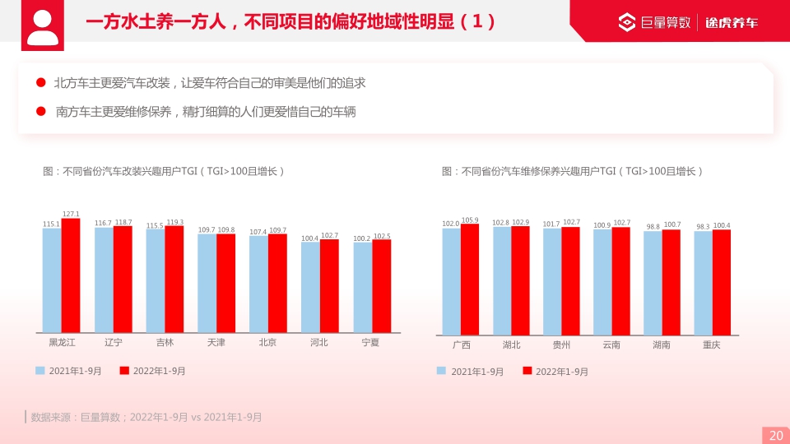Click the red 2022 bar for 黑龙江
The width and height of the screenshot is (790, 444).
(71, 275)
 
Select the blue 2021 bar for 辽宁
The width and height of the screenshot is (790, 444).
(104, 280)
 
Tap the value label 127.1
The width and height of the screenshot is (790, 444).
(71, 214)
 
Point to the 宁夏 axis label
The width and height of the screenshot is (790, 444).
(371, 342)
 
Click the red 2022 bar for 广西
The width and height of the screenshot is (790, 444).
(470, 280)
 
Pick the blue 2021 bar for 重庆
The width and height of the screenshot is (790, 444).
(703, 283)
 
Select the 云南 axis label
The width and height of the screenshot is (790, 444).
(611, 345)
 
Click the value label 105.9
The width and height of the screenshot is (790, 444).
(470, 220)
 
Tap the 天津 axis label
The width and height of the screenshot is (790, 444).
(216, 342)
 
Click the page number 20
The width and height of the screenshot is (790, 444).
(775, 436)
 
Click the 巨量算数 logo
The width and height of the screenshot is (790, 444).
(656, 22)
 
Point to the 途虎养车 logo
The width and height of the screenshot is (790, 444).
(732, 22)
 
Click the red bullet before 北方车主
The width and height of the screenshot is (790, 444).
(40, 83)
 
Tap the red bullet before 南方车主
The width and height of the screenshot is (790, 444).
(40, 111)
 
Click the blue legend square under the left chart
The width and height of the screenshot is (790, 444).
(39, 371)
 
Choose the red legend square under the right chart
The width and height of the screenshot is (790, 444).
(527, 371)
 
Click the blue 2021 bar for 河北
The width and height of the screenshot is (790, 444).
(310, 287)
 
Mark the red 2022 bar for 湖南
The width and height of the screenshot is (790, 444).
(671, 282)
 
